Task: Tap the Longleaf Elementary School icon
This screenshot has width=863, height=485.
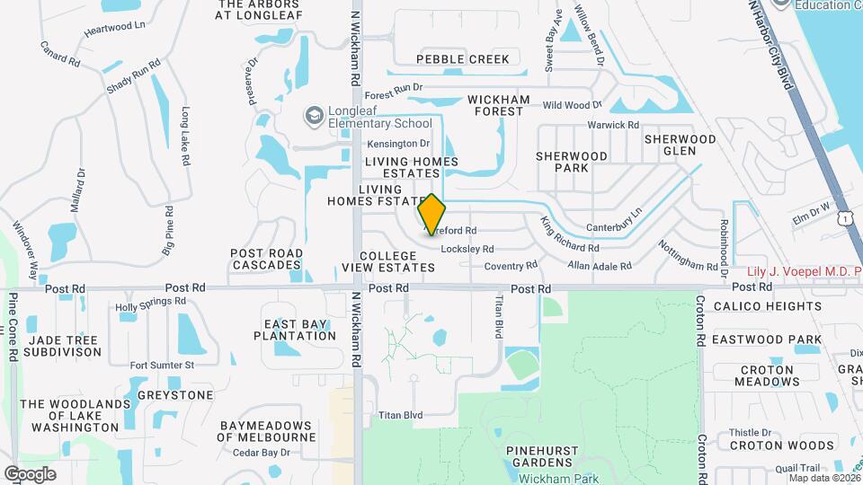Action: (314, 115)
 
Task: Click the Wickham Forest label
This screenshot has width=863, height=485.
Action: (498, 105)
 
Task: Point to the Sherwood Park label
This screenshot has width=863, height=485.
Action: (572, 162)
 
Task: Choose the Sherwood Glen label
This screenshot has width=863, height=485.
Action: (681, 145)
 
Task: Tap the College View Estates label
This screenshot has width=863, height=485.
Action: (388, 261)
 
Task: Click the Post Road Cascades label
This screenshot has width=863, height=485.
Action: (265, 259)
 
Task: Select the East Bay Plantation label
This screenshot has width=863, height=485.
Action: (299, 330)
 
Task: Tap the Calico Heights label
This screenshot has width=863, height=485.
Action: (768, 306)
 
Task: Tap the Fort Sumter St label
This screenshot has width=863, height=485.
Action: (162, 366)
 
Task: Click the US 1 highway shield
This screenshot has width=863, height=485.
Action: (844, 218)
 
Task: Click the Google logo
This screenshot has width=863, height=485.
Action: (31, 474)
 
